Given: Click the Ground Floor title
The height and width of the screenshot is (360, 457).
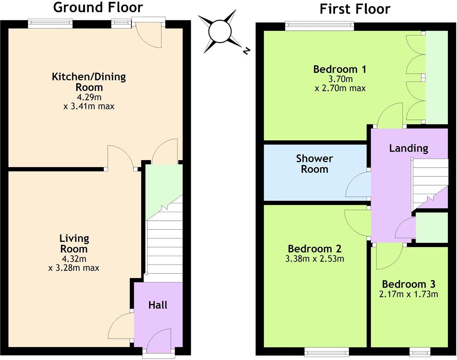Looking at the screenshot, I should click(98, 7).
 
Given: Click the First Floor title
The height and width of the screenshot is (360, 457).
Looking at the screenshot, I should click(355, 9).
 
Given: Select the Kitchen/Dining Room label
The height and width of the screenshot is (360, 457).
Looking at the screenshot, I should click(89, 82).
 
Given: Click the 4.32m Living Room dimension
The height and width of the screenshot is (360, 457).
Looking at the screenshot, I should click(74, 259).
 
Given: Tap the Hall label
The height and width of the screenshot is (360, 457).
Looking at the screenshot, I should click(158, 305).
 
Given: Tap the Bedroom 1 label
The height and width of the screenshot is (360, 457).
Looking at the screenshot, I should click(339, 69).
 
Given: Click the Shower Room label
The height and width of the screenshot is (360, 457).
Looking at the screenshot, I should click(314, 164).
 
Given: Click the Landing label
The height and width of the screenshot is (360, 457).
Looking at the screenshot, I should click(408, 148).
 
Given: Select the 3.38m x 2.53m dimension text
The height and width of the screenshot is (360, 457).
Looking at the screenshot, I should click(315, 259).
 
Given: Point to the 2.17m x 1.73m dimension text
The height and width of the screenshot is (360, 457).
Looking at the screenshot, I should click(408, 294).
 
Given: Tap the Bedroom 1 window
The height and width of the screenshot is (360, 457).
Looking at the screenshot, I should click(319, 26).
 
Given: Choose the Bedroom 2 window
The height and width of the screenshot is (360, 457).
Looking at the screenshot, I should click(327, 352).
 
